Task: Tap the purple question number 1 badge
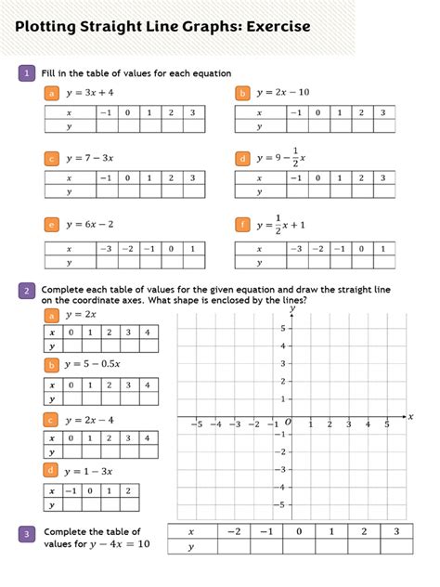pyautogui.click(x=29, y=72)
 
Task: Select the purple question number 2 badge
pyautogui.click(x=29, y=293)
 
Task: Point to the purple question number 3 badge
pyautogui.click(x=29, y=533)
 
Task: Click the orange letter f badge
pyautogui.click(x=242, y=225)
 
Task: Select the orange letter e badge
pyautogui.click(x=52, y=225)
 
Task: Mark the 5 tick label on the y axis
pyautogui.click(x=281, y=329)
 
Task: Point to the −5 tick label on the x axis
pyautogui.click(x=197, y=424)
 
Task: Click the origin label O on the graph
pyautogui.click(x=288, y=423)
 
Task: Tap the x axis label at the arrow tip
pyautogui.click(x=410, y=417)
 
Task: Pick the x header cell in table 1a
pyautogui.click(x=69, y=111)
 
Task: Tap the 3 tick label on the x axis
pyautogui.click(x=348, y=424)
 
